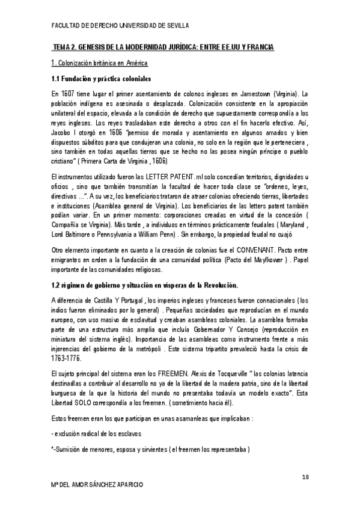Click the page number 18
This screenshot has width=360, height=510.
(x=306, y=477)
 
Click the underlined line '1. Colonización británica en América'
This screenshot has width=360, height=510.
(x=99, y=63)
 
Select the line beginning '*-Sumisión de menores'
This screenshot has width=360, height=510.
(x=150, y=449)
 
